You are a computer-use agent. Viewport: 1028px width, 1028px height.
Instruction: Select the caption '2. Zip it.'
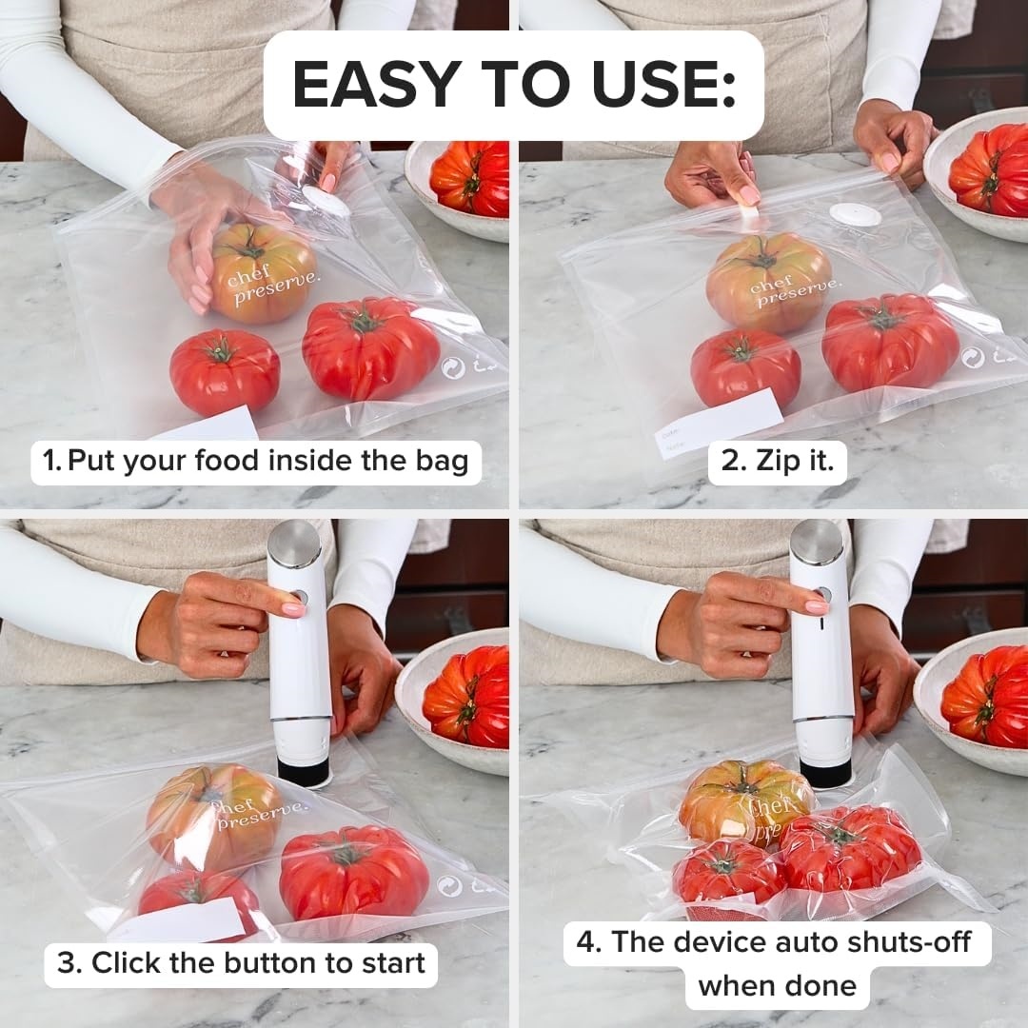coord(777,462)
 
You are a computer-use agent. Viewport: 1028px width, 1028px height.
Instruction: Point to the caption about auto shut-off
coord(777,963)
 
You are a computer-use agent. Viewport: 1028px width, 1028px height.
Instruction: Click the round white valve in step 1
coord(326,201)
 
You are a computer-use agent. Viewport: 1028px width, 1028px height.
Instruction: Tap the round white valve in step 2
coord(854,215)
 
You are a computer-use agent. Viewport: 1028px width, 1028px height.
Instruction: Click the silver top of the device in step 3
coord(294,544)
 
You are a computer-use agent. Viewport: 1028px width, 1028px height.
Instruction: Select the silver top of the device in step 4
coord(816,542)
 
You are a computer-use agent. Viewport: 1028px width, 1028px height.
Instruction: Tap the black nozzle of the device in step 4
coord(825,772)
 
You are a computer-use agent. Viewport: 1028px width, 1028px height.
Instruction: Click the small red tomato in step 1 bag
coord(225,370)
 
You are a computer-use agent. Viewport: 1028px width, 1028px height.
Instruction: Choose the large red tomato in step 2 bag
coord(890,342)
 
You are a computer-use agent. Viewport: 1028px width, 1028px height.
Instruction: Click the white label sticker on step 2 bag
coord(720,423)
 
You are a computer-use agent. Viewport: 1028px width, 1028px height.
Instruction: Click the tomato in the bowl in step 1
coord(470,177)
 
